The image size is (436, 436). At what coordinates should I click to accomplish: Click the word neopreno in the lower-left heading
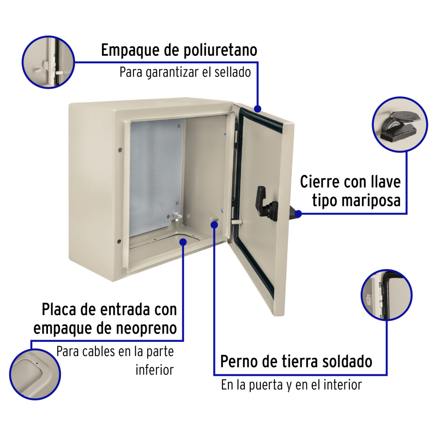click(146, 329)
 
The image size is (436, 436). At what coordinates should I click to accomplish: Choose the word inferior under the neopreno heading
click(155, 370)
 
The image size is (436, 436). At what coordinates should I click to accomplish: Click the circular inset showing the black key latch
click(399, 124)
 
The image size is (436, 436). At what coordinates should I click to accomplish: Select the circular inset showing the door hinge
click(386, 295)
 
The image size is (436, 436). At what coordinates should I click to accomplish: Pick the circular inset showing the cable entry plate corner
click(35, 374)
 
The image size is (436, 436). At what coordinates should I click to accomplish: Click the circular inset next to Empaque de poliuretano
click(48, 62)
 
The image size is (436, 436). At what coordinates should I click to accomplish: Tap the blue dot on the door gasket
click(258, 109)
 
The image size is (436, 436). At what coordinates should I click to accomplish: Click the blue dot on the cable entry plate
click(183, 242)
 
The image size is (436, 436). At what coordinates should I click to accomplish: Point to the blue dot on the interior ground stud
click(214, 225)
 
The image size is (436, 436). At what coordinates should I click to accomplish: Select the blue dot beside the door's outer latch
click(298, 214)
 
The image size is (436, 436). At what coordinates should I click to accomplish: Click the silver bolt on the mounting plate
click(177, 216)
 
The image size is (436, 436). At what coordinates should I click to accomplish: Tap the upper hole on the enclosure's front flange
click(120, 150)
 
